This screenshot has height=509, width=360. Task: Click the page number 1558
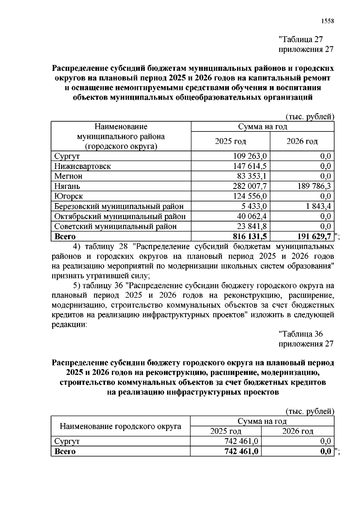[327, 21]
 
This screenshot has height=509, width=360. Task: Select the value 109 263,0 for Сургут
[250, 156]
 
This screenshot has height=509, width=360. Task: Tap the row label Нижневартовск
[82, 166]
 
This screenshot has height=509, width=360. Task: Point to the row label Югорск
[68, 196]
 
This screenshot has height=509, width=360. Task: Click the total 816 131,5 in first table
[250, 237]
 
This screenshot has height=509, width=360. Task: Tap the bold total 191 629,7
[314, 237]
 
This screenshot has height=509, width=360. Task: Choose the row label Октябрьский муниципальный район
[120, 216]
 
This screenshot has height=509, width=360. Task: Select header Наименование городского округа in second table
[121, 426]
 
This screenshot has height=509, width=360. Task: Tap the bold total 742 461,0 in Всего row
[241, 451]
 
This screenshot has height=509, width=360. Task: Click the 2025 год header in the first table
[230, 141]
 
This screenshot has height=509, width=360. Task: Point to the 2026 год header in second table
[298, 432]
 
